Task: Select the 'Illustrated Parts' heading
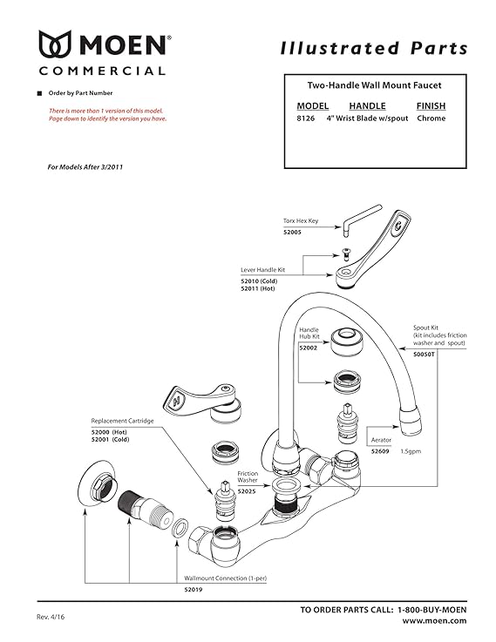coord(374,48)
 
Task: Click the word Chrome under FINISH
coord(431,118)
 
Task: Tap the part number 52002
coord(309,348)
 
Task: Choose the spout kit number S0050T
coord(425,355)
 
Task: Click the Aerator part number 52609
coord(381,452)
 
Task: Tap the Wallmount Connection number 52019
coord(193,590)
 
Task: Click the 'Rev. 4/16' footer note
coord(51,614)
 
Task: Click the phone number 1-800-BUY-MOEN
coord(431,609)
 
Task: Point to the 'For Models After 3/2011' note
coord(85,166)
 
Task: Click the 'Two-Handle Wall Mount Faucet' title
coord(375,85)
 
